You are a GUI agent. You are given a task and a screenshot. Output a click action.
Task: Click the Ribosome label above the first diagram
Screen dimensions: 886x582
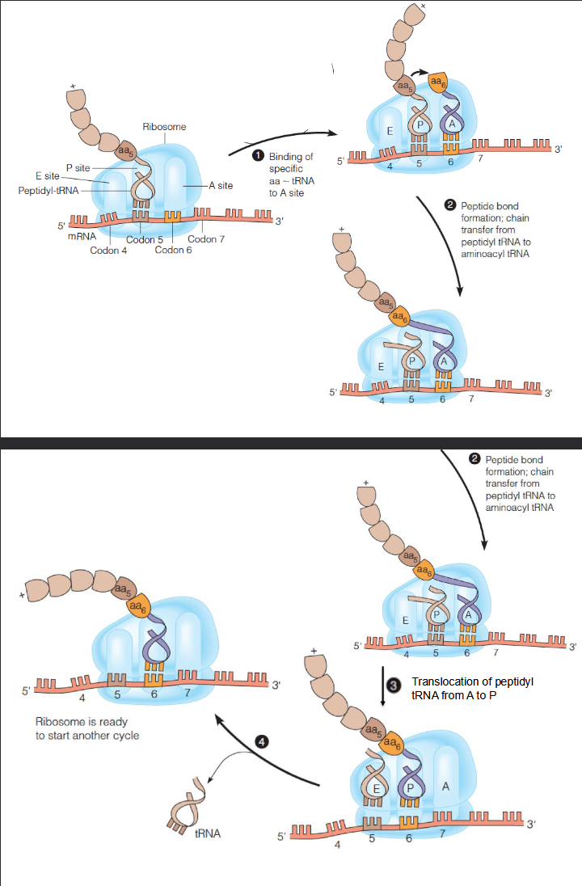coord(164,127)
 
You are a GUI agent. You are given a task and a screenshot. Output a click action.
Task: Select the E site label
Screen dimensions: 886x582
coord(48,176)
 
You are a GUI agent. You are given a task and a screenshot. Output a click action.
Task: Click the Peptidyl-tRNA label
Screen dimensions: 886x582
coord(48,191)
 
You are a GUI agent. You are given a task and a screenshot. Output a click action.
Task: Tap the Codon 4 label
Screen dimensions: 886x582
coord(108,250)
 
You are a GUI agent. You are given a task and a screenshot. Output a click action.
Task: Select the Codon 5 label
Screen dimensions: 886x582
coord(145,239)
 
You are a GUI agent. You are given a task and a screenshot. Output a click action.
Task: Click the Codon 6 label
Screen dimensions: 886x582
coord(172,250)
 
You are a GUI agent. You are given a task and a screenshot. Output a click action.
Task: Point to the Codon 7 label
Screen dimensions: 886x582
coord(206,239)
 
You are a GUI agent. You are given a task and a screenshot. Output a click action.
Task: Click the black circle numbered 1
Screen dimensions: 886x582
coord(258,154)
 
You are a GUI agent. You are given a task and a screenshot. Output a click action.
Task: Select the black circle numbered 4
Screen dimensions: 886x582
coord(261,740)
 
